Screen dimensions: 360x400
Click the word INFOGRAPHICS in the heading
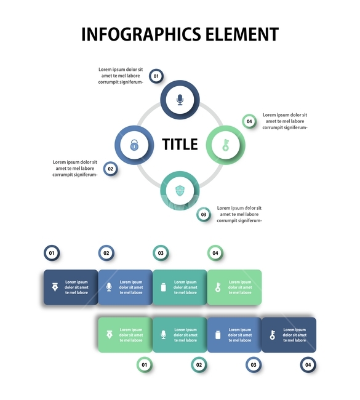click(141, 34)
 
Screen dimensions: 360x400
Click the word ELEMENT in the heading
click(242, 34)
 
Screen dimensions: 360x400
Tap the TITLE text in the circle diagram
click(180, 145)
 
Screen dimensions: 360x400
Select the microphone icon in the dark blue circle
click(180, 100)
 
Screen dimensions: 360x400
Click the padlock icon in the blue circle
click(134, 145)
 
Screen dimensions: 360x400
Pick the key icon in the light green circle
click(226, 145)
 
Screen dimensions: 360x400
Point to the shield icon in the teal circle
click(180, 191)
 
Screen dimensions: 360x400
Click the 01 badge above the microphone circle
click(156, 76)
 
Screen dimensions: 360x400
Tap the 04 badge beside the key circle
click(249, 121)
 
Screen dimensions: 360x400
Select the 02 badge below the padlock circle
click(111, 169)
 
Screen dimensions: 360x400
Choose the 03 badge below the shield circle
click(204, 215)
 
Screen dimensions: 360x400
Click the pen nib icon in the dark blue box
click(55, 287)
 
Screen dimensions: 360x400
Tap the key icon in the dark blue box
click(273, 335)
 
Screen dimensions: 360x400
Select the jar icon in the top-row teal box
click(164, 287)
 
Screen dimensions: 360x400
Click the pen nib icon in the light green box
click(110, 335)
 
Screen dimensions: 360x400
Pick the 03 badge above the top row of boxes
click(161, 253)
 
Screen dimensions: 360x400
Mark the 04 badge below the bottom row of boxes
click(308, 365)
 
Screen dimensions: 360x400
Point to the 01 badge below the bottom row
click(145, 365)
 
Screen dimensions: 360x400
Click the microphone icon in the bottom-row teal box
click(164, 335)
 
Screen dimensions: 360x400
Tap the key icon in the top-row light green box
click(218, 287)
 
